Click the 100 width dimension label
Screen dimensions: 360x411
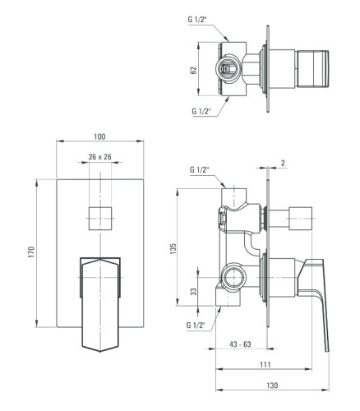click(x=99, y=136)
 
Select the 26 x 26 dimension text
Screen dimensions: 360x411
click(x=100, y=157)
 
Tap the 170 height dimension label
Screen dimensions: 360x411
click(x=32, y=252)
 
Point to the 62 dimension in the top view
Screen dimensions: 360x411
click(x=194, y=70)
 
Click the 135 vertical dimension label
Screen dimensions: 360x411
click(x=173, y=249)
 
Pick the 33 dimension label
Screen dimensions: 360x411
click(x=194, y=292)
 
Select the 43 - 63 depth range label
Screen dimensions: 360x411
click(x=240, y=344)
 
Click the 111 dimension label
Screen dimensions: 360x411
click(x=265, y=364)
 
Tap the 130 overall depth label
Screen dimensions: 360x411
click(x=272, y=386)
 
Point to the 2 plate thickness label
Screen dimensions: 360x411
click(x=283, y=163)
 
